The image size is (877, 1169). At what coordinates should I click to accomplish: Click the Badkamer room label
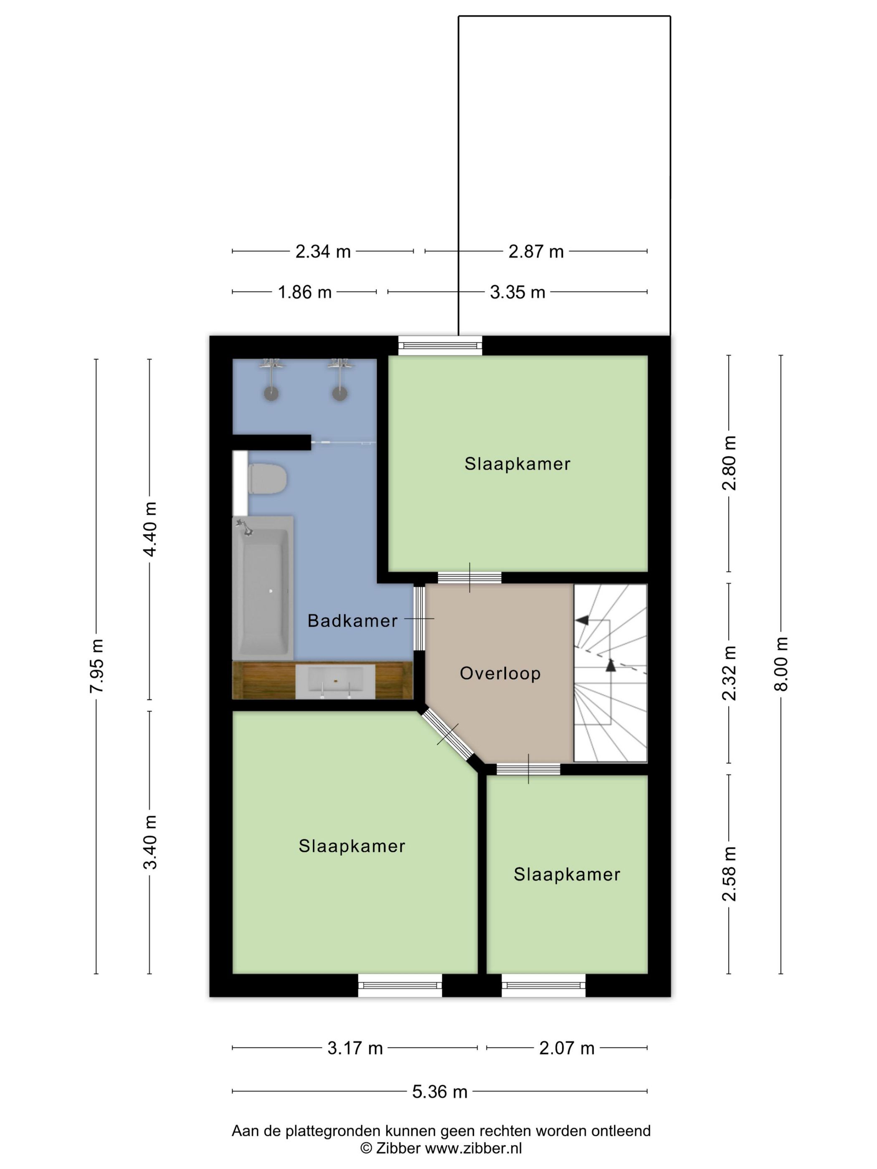pyautogui.click(x=352, y=620)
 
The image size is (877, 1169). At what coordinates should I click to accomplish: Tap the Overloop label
pyautogui.click(x=500, y=673)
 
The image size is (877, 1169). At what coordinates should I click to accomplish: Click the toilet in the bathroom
pyautogui.click(x=267, y=479)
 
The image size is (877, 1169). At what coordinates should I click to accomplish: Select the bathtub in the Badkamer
pyautogui.click(x=263, y=588)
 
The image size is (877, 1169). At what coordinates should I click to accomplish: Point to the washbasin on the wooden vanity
pyautogui.click(x=335, y=682)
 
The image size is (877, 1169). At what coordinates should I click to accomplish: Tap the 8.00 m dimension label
pyautogui.click(x=781, y=664)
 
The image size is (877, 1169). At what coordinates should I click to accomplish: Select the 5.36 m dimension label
pyautogui.click(x=440, y=1091)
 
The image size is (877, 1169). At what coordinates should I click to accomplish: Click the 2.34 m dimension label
pyautogui.click(x=323, y=252)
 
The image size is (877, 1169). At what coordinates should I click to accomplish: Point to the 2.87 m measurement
pyautogui.click(x=536, y=252)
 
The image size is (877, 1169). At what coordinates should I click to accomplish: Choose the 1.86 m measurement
pyautogui.click(x=304, y=292)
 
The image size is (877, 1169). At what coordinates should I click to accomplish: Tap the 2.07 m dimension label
pyautogui.click(x=567, y=1048)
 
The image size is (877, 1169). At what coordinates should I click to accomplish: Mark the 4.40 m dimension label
pyautogui.click(x=150, y=529)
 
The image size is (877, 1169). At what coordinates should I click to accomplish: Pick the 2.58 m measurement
pyautogui.click(x=729, y=874)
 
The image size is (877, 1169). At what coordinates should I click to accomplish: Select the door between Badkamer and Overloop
pyautogui.click(x=419, y=618)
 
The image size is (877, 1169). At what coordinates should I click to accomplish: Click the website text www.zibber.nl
pyautogui.click(x=474, y=1148)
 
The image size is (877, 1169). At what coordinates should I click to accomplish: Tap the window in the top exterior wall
pyautogui.click(x=440, y=346)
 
